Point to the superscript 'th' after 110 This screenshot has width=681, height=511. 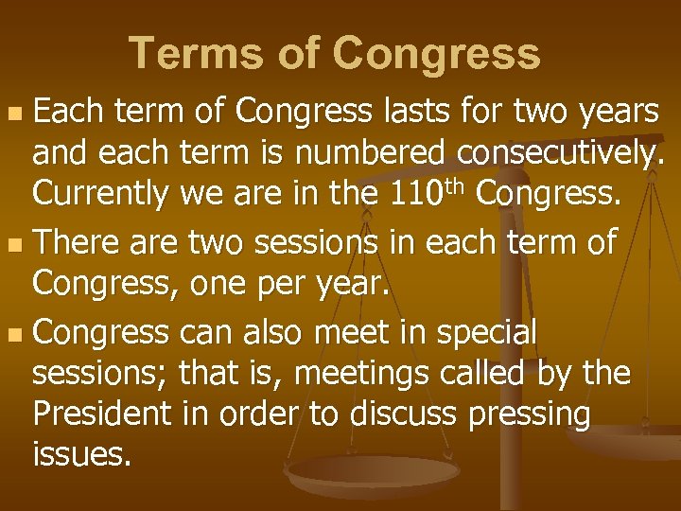click(x=459, y=186)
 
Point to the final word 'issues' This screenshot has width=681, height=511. click(x=81, y=455)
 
